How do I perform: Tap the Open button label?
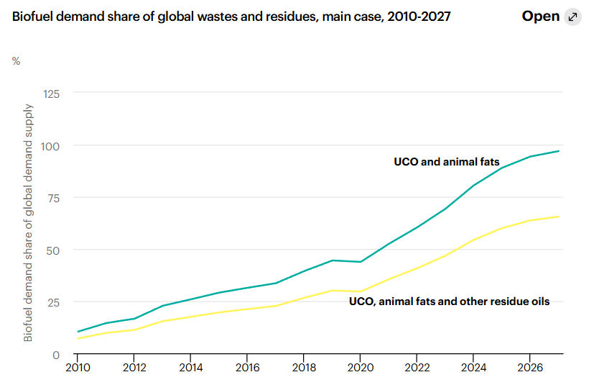540,17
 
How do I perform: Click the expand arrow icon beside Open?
572,17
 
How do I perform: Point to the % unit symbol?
16,61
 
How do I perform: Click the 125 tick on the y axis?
52,94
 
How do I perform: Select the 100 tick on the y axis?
52,146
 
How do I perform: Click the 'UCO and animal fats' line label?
446,162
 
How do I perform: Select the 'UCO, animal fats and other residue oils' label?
449,301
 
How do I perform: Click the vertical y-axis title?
29,222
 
